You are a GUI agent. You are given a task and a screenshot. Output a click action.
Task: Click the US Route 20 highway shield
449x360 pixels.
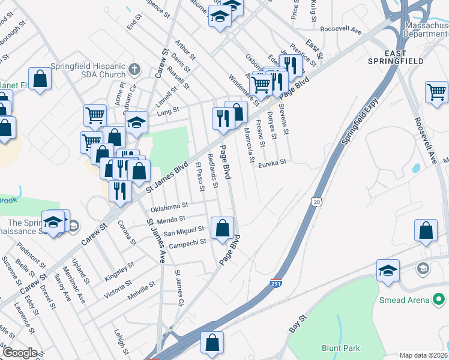[316, 199]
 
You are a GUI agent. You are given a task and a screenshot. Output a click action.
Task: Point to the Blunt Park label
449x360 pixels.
[340, 348]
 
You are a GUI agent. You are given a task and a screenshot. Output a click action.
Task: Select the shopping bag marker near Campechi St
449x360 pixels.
[222, 229]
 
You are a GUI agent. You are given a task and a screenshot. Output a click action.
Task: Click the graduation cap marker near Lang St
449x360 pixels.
[136, 122]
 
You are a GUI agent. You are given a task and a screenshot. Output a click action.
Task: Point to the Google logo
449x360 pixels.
[20, 353]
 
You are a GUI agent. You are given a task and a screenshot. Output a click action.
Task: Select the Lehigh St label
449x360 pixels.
[122, 340]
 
